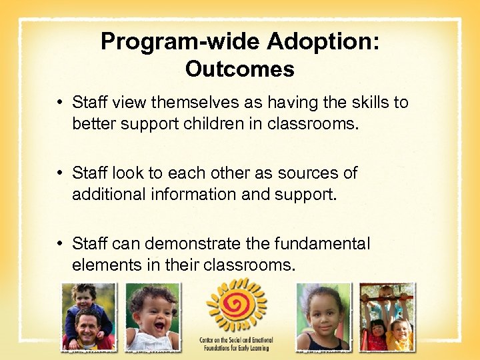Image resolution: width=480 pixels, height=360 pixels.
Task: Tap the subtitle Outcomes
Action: pyautogui.click(x=239, y=69)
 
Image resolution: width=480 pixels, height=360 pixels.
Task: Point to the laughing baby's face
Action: pyautogui.click(x=153, y=313)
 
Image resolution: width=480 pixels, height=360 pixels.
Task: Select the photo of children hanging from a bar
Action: pyautogui.click(x=387, y=317)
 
